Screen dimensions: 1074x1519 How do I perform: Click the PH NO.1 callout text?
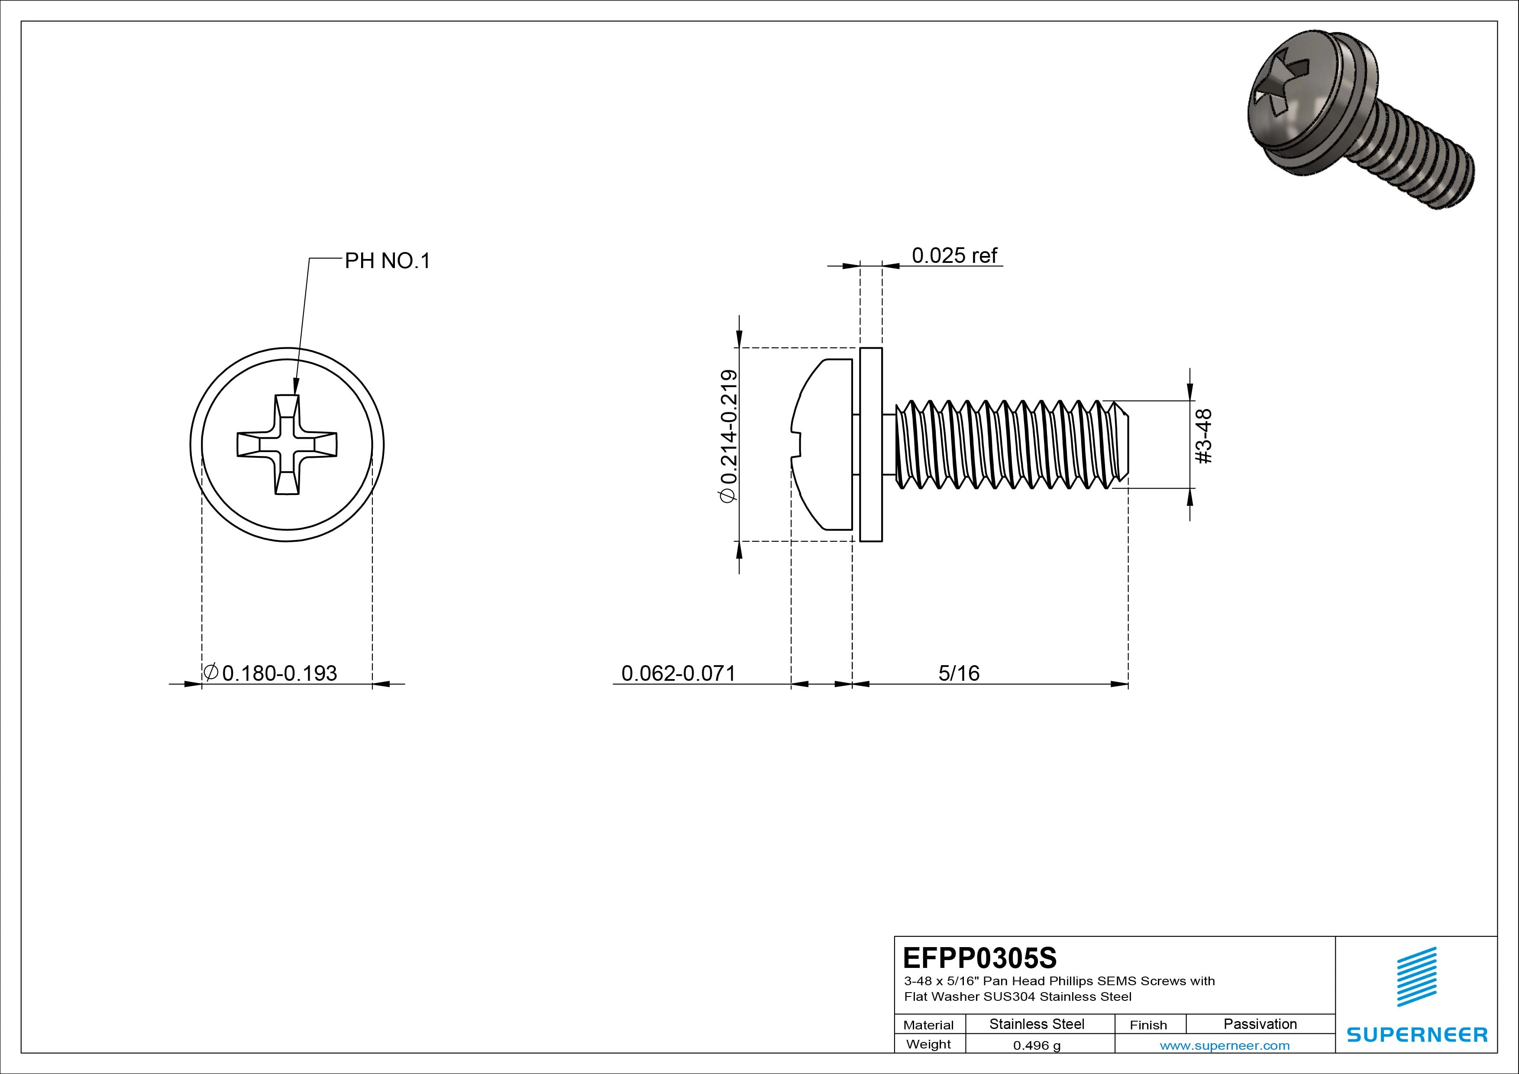click(387, 262)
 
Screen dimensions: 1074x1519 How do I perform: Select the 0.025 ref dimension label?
click(954, 256)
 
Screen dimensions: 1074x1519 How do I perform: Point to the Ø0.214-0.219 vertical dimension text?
click(728, 437)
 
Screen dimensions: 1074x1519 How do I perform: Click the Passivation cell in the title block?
click(1260, 1024)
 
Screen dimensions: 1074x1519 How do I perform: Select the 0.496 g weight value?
click(1037, 1045)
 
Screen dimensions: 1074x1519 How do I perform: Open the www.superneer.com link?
click(1225, 1045)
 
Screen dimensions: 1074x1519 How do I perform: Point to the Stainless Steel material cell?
click(1037, 1024)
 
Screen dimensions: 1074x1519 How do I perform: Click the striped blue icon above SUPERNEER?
click(1416, 976)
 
